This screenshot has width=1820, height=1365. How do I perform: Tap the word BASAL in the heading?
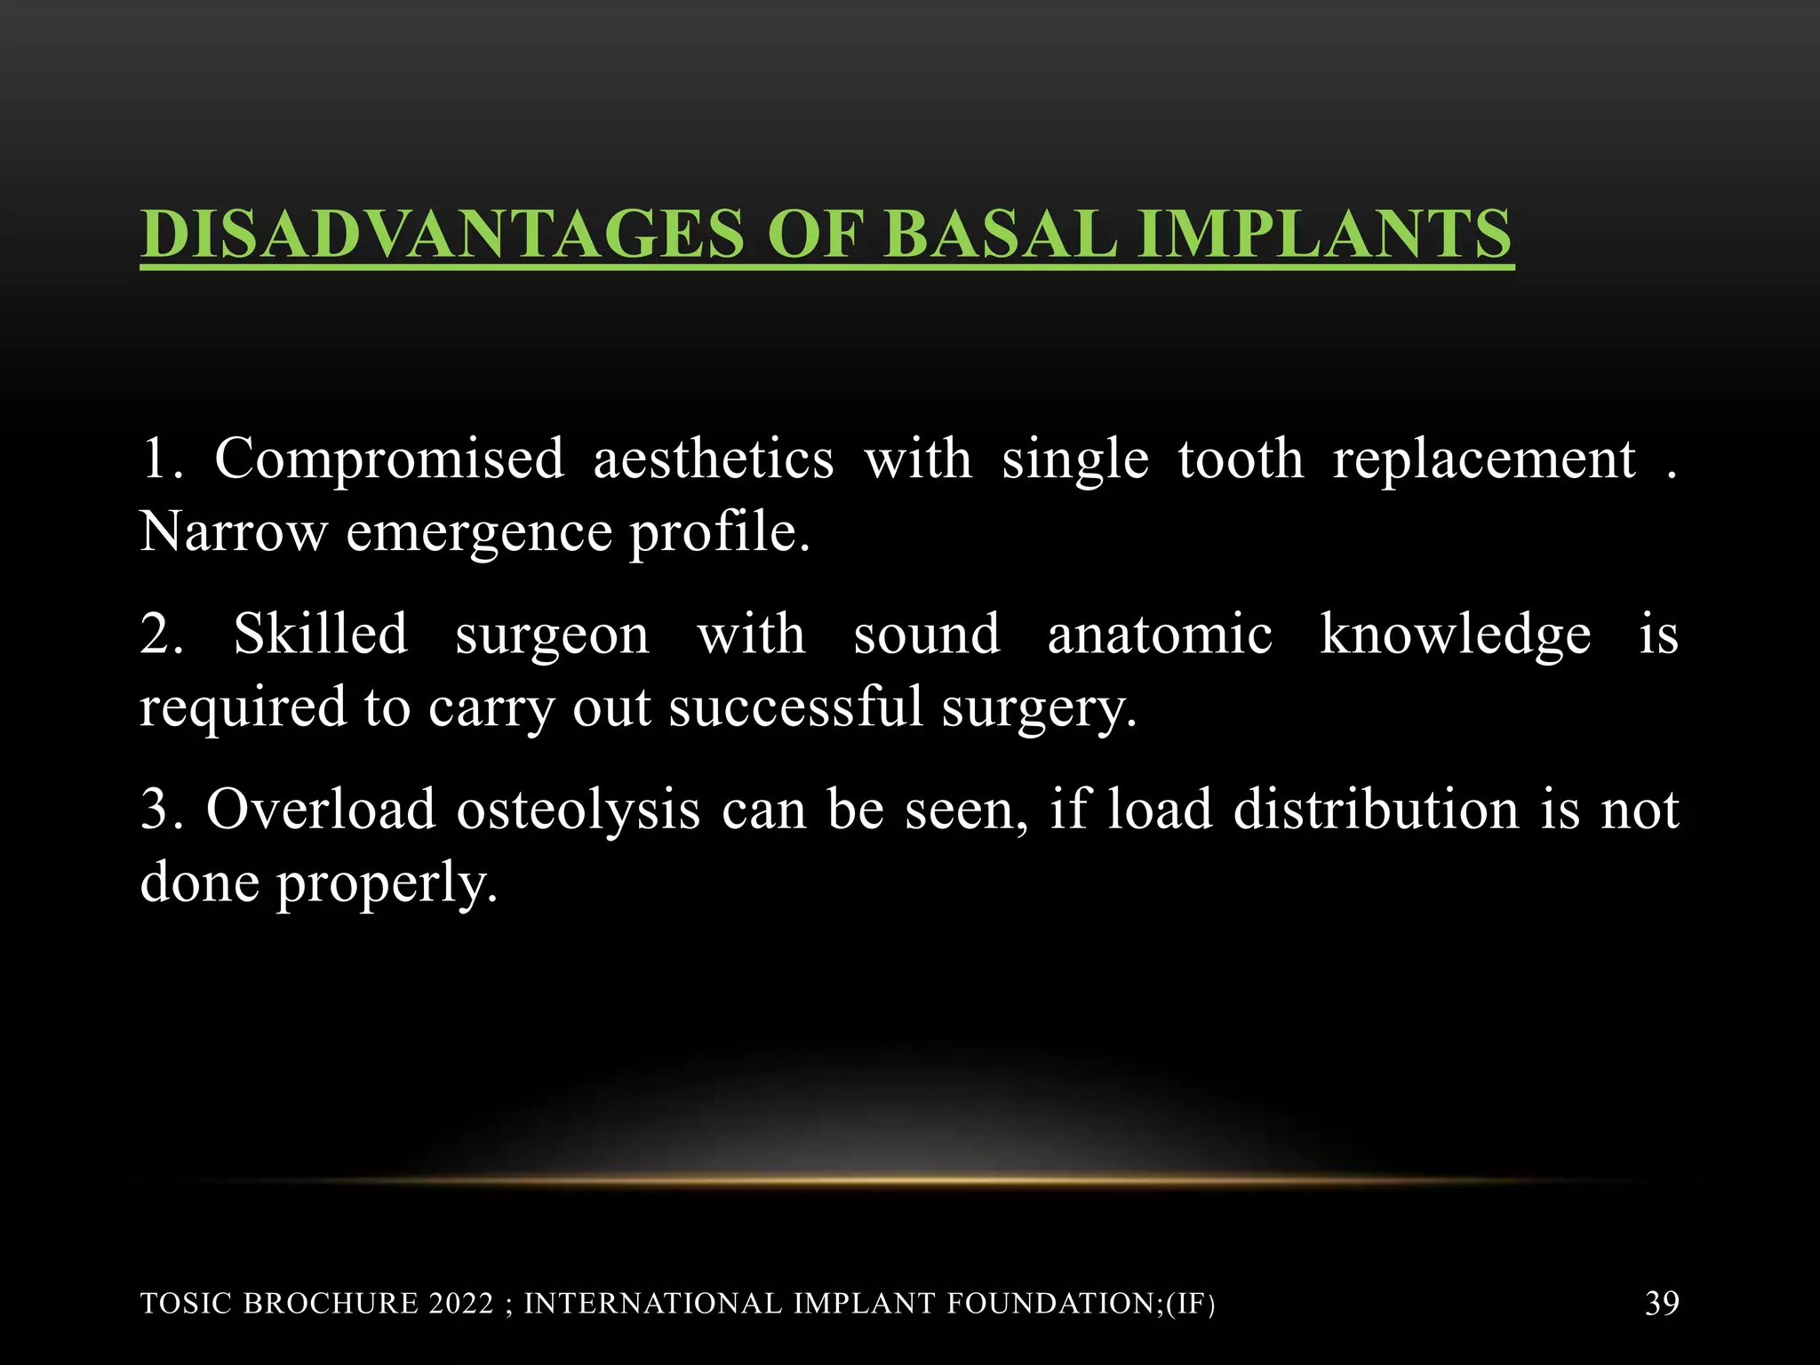click(1000, 234)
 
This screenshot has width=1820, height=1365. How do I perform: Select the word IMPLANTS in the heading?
click(1325, 234)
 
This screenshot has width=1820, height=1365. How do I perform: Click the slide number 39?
click(1662, 1303)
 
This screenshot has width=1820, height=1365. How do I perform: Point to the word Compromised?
click(388, 459)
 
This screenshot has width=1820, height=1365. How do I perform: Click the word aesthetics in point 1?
click(714, 459)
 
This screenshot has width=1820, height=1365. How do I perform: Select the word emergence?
click(479, 533)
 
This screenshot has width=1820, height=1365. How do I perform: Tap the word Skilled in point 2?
click(320, 635)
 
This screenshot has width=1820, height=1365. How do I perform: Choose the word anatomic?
click(1160, 635)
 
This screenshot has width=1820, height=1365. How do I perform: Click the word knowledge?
click(1455, 636)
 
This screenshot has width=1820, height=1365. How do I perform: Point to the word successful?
click(795, 708)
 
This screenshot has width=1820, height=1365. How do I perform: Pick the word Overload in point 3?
click(321, 810)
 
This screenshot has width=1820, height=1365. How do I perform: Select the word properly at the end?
click(386, 885)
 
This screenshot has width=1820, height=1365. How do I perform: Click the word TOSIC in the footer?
click(187, 1304)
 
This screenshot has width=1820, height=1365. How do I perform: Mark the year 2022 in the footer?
click(460, 1304)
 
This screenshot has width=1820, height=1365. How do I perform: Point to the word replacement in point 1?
click(1483, 461)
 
